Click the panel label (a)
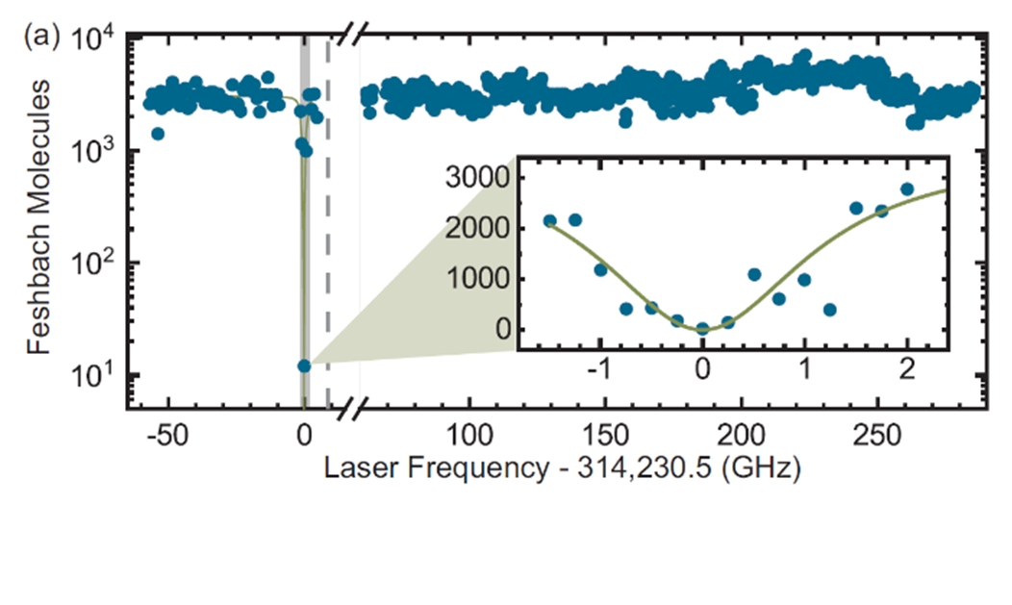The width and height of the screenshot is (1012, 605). pos(41,39)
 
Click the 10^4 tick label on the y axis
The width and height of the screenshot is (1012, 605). pos(93,40)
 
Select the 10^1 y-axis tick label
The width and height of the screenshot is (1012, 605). pos(93,375)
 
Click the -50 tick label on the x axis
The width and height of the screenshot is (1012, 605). pos(167,432)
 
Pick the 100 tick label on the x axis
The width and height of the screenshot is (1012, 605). pos(468,432)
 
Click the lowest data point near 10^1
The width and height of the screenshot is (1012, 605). pos(304,366)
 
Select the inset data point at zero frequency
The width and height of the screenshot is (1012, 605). pos(703,329)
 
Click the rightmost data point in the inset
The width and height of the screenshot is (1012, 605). pos(906,189)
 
